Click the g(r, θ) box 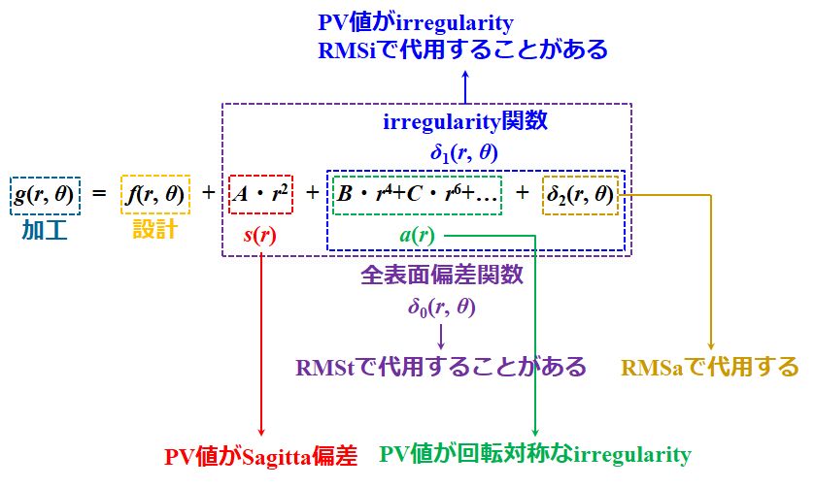point(46,194)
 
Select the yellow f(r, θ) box point(154,194)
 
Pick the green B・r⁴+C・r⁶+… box point(417,194)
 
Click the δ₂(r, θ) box point(580,194)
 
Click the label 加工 point(46,231)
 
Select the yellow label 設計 point(154,231)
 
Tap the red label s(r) point(261,235)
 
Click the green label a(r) point(417,235)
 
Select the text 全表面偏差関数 point(442,277)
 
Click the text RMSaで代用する point(710,368)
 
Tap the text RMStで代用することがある point(442,368)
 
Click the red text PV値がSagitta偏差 point(260,455)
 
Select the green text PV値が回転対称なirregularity point(534,455)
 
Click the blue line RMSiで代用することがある point(462,49)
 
